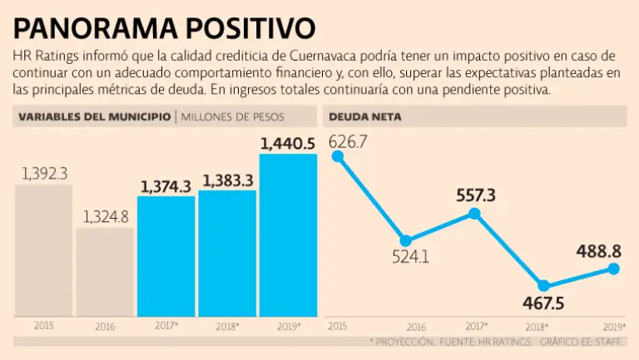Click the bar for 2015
point(43,249)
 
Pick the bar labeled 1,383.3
point(226,254)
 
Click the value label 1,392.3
point(43,173)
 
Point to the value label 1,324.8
point(105,217)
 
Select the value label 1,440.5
point(288,144)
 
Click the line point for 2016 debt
point(405,241)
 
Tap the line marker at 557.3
point(474,214)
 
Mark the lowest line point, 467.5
point(543,286)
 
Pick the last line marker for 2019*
point(614,268)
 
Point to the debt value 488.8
point(598,249)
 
